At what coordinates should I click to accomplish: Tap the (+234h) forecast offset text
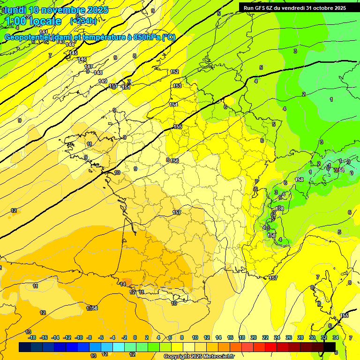[x=83, y=21]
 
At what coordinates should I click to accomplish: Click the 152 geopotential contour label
[x=174, y=72]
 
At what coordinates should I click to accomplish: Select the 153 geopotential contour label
[x=177, y=86]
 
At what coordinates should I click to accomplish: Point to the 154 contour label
[x=173, y=105]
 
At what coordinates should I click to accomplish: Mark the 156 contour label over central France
[x=174, y=161]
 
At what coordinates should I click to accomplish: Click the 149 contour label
[x=103, y=81]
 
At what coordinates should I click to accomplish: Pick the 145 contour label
[x=73, y=53]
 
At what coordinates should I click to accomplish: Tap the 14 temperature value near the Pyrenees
[x=123, y=284]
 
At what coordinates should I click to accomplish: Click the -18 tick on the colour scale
[x=32, y=337]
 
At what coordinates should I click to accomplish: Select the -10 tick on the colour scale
[x=79, y=337]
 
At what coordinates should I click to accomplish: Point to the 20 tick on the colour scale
[x=254, y=337]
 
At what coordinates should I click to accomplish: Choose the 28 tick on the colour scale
[x=300, y=337]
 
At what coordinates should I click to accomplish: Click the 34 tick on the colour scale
[x=336, y=337]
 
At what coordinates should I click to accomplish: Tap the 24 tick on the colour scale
[x=277, y=337]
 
